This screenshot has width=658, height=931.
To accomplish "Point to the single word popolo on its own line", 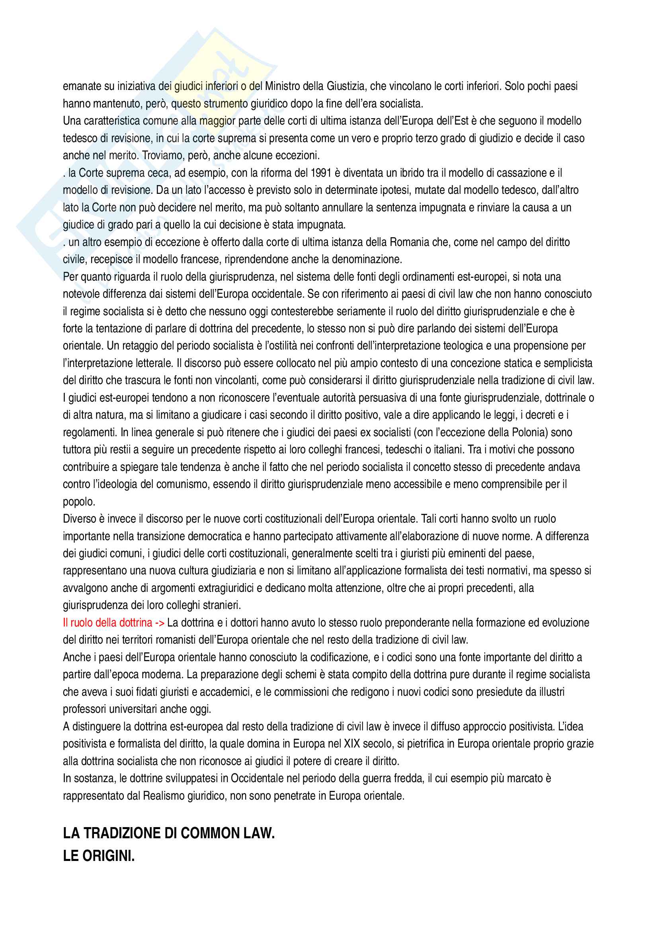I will (79, 502).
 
